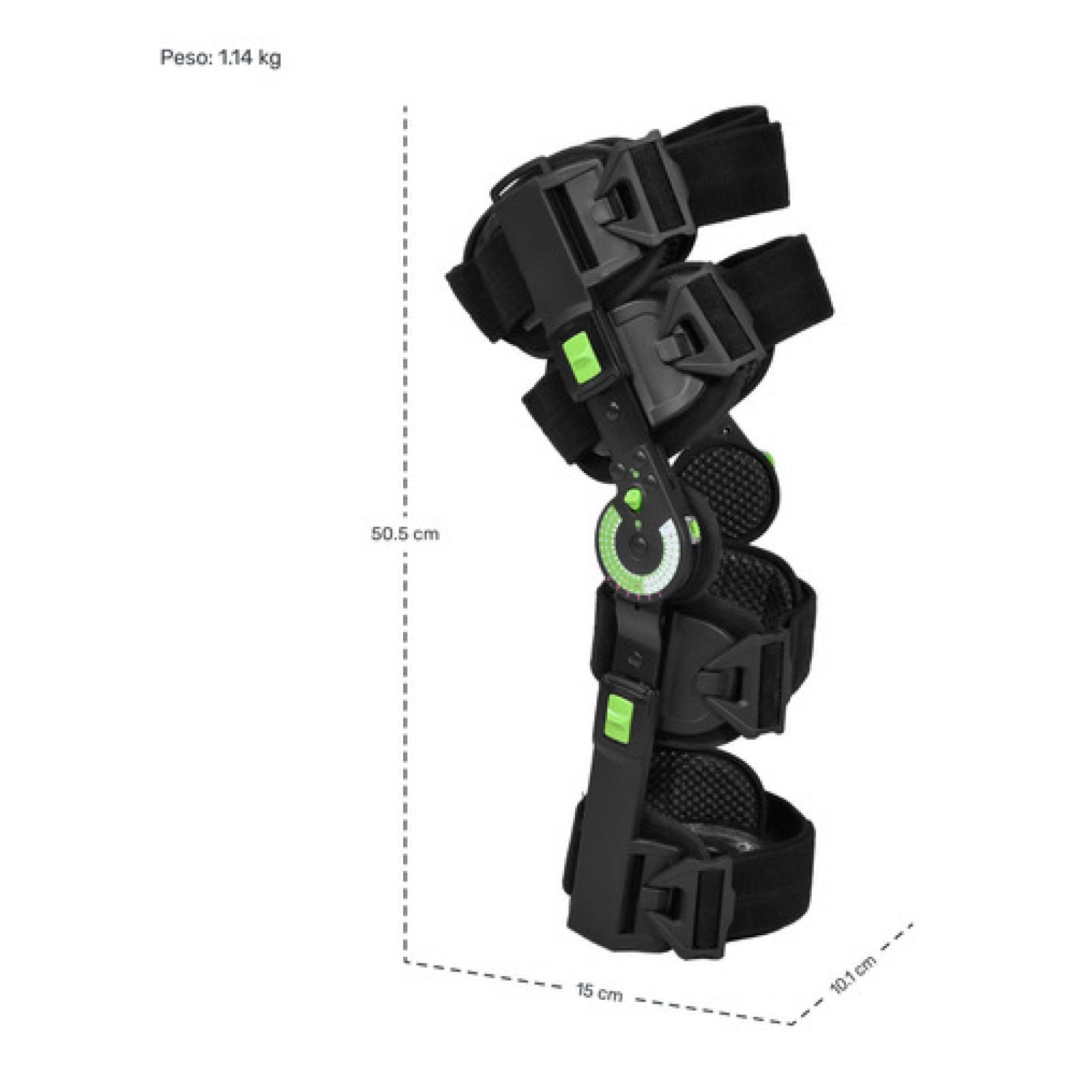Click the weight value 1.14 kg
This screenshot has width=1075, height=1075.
[x=250, y=58]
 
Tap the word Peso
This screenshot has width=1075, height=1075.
[x=185, y=58]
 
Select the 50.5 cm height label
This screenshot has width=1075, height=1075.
[x=404, y=533]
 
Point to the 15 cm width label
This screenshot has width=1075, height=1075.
[x=599, y=992]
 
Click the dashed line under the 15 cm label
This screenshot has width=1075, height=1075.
[x=598, y=992]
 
